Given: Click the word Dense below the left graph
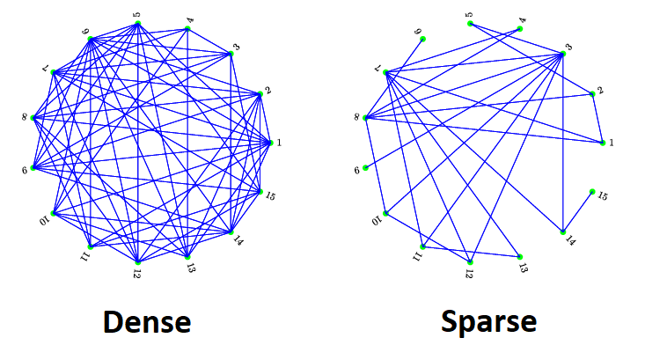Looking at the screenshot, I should pos(147,322).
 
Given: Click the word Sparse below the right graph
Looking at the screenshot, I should pos(488,322).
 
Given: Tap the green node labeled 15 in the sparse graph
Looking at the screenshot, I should pos(592,192).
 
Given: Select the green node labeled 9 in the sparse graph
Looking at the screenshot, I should pos(423,39).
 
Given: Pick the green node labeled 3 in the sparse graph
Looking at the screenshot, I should pos(562,54).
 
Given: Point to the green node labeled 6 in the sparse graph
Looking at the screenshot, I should pos(365,167).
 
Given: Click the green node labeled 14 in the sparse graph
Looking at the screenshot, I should pos(563,232).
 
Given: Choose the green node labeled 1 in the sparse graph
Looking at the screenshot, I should pos(603,142).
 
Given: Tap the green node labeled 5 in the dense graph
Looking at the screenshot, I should pos(138,24).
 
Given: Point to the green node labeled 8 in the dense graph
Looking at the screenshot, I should pos(33,117).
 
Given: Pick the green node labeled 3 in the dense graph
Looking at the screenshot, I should pos(231,54).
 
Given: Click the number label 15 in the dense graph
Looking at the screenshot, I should pos(271,195).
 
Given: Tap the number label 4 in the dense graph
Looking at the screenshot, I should pos(191,18).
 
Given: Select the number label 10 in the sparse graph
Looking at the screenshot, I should pos(376,220).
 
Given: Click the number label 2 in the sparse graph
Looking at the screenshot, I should pos(599,90).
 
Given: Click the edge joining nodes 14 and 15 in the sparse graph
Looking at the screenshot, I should pos(578,212).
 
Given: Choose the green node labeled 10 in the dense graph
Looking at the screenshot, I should pos(54,213).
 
